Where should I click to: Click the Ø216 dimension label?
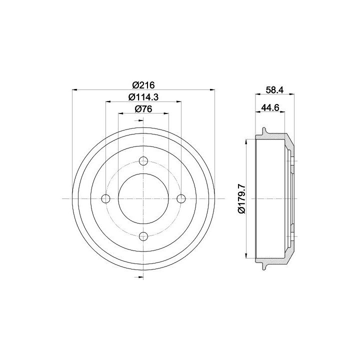pos(143,85)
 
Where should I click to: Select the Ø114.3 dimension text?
pos(143,97)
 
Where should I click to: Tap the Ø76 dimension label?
pos(143,109)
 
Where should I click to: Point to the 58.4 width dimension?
pos(275,90)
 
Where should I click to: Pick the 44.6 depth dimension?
pos(270,107)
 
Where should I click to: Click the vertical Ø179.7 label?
pos(242,199)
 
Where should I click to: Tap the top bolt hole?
pos(143,160)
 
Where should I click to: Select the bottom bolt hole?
pos(143,236)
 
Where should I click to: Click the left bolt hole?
pos(105,198)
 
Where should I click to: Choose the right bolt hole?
pos(181,198)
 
